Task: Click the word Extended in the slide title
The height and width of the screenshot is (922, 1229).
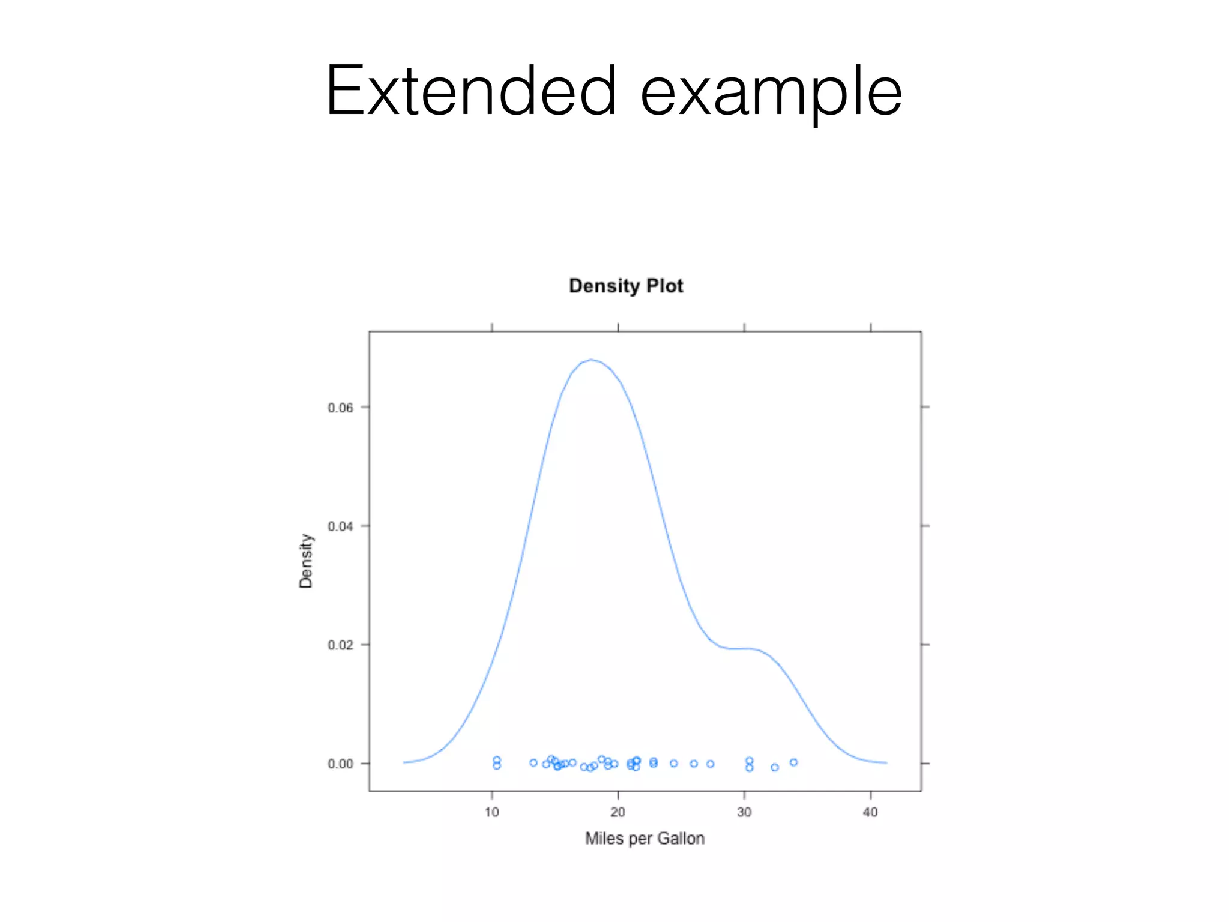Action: (x=471, y=91)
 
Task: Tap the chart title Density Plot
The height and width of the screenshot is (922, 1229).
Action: (x=626, y=286)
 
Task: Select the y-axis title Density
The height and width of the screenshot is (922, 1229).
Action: (x=306, y=561)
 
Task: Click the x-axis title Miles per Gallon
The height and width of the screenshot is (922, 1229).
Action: (x=645, y=839)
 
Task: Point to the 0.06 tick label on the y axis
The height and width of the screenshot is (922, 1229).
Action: (x=340, y=408)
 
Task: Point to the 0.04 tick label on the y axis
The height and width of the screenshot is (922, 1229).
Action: (x=340, y=526)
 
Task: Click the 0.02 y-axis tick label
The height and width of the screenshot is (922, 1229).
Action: (x=340, y=645)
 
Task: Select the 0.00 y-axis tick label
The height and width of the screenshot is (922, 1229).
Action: (x=340, y=764)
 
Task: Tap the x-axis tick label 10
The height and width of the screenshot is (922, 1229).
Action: (x=492, y=812)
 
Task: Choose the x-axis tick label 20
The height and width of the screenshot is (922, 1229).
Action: (x=618, y=812)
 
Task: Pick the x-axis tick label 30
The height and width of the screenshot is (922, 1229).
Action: (x=744, y=812)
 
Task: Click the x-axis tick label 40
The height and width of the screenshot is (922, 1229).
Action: (x=870, y=812)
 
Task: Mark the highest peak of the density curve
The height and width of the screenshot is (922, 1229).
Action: (x=592, y=360)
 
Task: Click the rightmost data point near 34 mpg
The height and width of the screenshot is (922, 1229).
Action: (x=793, y=762)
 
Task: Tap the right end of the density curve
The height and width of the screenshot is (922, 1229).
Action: (x=886, y=762)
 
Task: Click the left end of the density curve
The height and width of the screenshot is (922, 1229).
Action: (x=404, y=762)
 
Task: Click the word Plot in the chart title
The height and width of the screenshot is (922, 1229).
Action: (x=665, y=286)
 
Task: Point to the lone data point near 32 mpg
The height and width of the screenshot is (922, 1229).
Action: (x=775, y=767)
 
